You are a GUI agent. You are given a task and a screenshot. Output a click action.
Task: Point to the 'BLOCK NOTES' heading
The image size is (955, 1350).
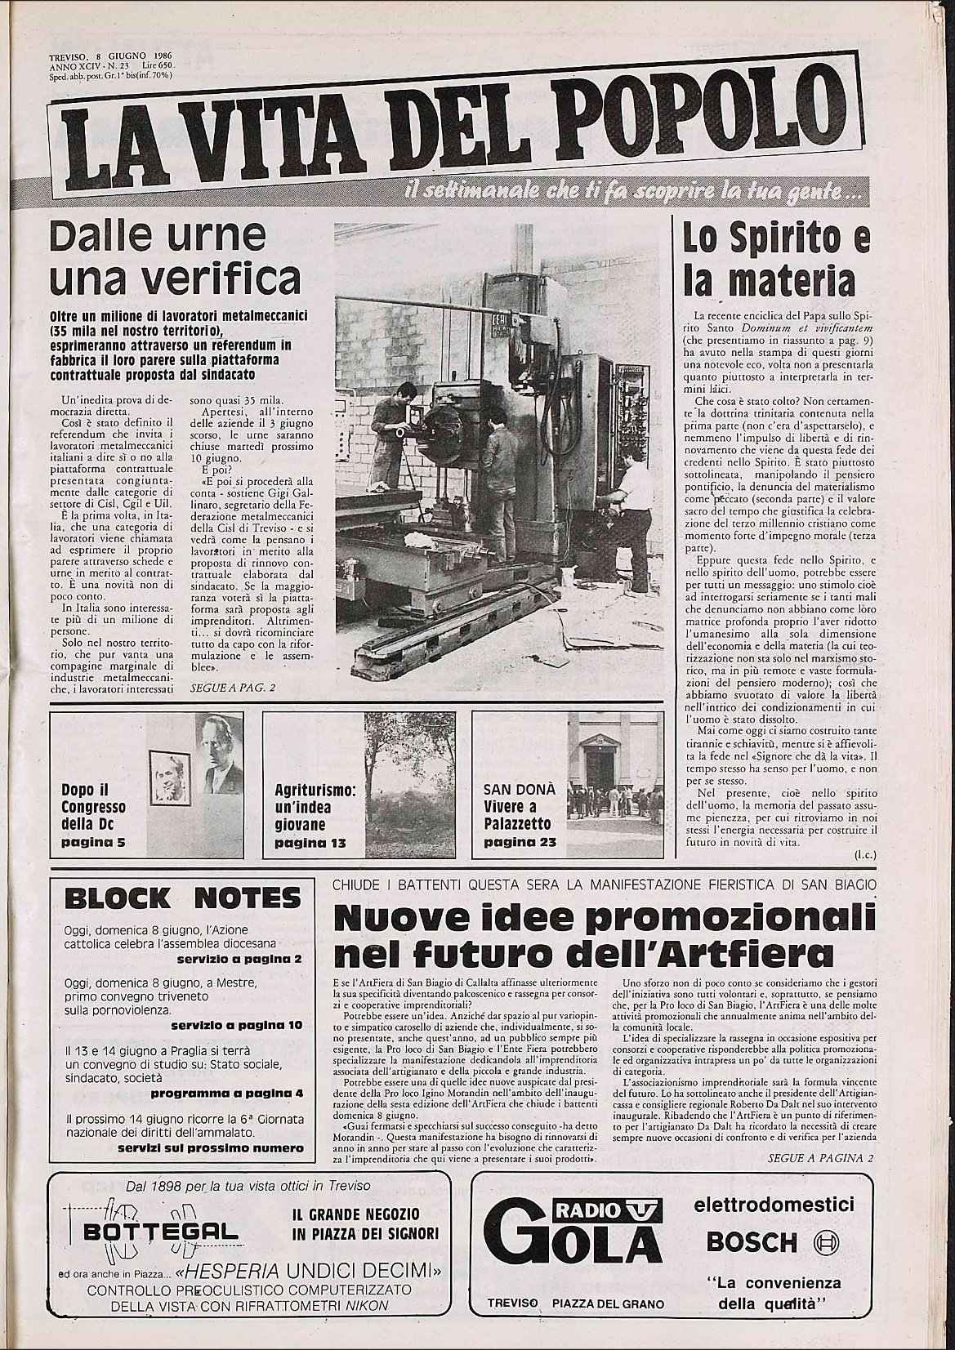pos(182,899)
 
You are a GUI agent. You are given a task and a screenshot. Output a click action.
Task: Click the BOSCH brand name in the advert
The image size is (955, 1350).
pos(750,1242)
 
